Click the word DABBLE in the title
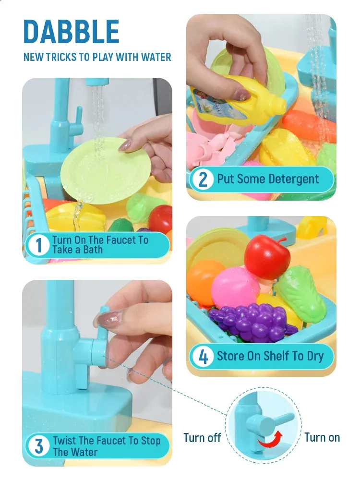pos(71,32)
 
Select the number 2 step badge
pos(203,180)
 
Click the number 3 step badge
pos(38,446)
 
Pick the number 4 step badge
pos(203,357)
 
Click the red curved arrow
pos(270,439)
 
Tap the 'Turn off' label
pos(202,438)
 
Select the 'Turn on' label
pos(322,437)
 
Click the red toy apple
pos(266,257)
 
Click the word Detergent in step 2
pos(293,180)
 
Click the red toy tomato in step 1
pos(160,219)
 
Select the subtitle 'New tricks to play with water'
pos(97,57)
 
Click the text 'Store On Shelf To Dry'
pos(270,356)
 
